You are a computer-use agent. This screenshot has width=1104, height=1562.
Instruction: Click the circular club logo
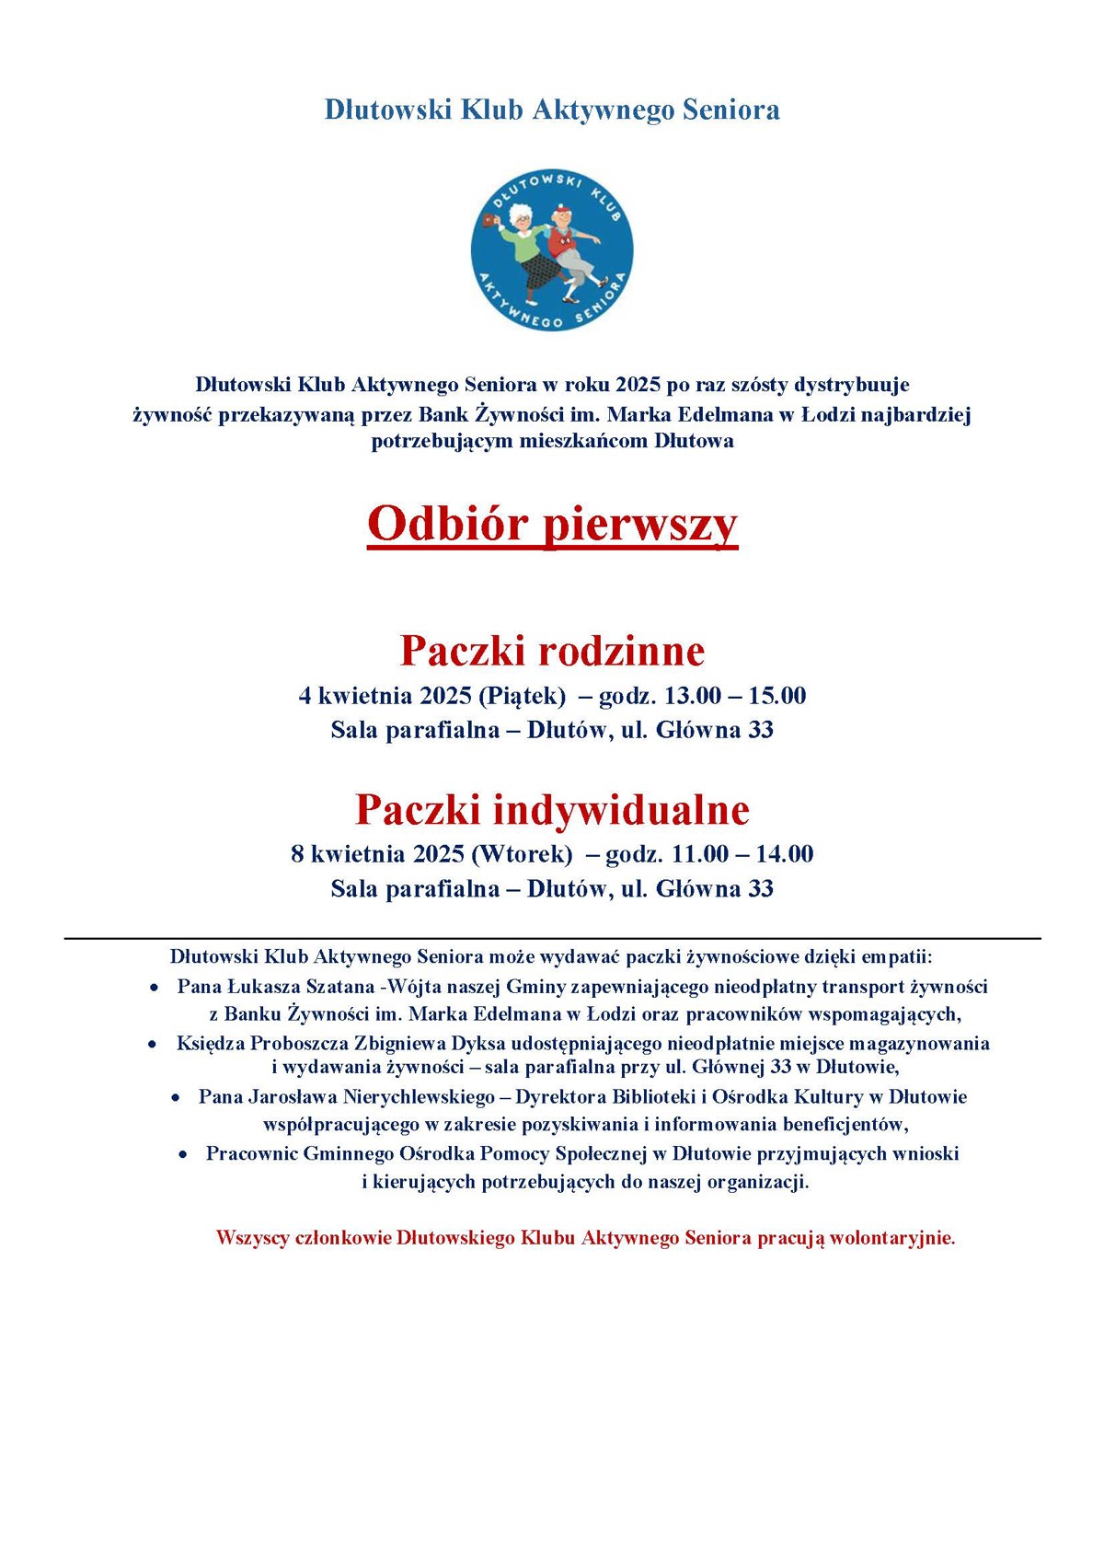(552, 249)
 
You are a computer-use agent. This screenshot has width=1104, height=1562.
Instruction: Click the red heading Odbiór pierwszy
(552, 525)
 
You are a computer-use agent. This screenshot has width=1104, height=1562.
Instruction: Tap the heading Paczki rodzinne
(552, 651)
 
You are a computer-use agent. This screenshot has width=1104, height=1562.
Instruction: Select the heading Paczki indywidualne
(552, 809)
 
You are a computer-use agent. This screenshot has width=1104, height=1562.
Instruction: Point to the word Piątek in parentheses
(522, 696)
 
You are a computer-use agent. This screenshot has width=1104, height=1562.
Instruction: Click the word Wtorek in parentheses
(522, 854)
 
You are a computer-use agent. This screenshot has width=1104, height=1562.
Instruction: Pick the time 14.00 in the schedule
(785, 854)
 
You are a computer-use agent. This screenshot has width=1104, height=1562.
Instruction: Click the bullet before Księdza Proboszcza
(153, 1045)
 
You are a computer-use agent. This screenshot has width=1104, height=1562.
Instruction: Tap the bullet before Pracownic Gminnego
(184, 1154)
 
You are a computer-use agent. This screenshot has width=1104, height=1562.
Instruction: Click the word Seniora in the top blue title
(734, 110)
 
